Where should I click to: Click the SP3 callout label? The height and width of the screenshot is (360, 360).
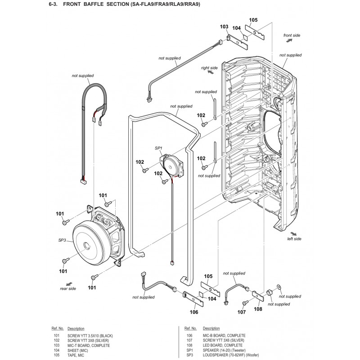(x=62, y=240)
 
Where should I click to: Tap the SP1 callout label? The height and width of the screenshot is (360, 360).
(x=158, y=148)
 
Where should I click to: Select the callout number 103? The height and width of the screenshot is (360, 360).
(x=224, y=27)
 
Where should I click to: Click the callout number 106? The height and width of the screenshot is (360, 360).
(x=194, y=312)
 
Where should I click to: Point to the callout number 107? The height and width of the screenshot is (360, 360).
(x=242, y=312)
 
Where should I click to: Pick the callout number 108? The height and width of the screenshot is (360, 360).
(x=258, y=309)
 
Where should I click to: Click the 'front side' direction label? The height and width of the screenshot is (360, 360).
(x=292, y=36)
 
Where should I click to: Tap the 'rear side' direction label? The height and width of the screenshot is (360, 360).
(x=68, y=288)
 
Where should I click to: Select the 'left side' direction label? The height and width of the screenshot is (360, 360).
(x=294, y=239)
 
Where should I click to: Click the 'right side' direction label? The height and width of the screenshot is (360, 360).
(x=209, y=68)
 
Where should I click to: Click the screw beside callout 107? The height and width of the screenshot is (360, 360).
(x=245, y=302)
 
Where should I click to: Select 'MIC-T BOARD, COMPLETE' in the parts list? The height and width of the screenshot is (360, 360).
(x=89, y=346)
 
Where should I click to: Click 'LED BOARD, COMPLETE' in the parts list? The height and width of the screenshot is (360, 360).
(x=222, y=345)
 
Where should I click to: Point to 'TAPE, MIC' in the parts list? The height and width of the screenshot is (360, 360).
(x=76, y=355)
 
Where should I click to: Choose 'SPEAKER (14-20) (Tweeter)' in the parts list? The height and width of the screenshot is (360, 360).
(x=224, y=351)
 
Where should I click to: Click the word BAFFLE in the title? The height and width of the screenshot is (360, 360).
(x=93, y=4)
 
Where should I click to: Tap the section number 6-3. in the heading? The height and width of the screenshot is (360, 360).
(x=53, y=4)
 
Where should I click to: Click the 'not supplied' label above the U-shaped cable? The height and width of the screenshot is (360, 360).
(x=83, y=76)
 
